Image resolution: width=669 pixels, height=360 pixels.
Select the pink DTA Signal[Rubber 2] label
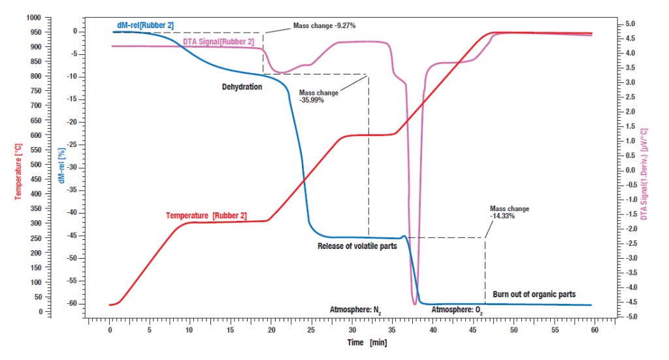218,42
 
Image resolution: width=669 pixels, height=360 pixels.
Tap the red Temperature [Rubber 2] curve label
206,215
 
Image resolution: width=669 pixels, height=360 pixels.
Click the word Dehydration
241,86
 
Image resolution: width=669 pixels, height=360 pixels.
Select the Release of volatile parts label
357,246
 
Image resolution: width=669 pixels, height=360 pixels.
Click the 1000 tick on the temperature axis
33,18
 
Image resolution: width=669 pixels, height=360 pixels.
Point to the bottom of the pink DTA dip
415,304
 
